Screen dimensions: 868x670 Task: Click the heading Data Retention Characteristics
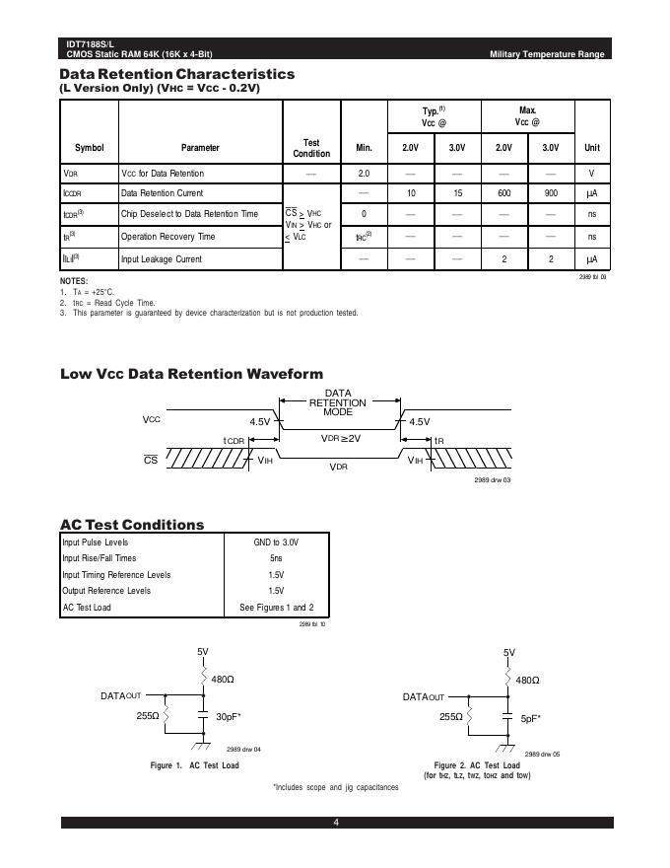click(177, 74)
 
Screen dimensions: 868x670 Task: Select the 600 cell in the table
click(503, 193)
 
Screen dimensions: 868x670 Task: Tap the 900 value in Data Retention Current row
click(551, 193)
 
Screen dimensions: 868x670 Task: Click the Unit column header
click(592, 148)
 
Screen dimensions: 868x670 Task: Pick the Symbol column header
click(89, 148)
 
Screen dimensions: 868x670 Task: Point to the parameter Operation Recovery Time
click(167, 237)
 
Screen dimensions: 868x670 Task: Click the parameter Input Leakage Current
click(161, 258)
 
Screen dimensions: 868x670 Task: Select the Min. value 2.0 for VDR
click(363, 173)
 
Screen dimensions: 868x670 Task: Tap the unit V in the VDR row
click(592, 173)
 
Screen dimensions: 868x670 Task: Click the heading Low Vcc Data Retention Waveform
click(191, 374)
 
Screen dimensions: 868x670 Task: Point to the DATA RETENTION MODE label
click(338, 402)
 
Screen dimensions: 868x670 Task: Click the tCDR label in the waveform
click(234, 440)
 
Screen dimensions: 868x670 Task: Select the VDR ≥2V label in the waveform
click(341, 437)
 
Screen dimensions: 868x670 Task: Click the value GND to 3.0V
click(277, 542)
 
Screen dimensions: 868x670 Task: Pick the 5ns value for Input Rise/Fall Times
click(277, 558)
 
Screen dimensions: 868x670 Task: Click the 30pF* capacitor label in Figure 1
click(229, 717)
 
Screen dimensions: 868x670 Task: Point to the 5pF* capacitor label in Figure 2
click(529, 718)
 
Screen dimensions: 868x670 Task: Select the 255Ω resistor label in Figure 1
click(148, 716)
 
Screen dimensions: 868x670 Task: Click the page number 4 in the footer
click(336, 824)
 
